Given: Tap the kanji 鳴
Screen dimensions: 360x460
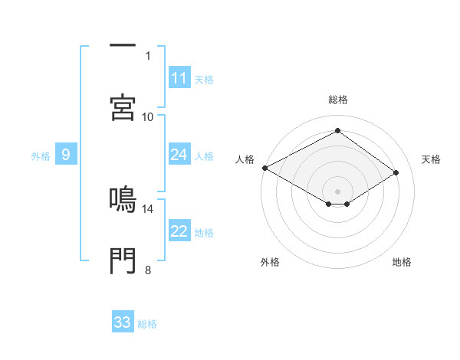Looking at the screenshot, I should [123, 198].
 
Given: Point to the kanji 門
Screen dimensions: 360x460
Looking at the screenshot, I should [123, 261].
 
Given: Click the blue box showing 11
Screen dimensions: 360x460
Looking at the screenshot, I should [179, 78].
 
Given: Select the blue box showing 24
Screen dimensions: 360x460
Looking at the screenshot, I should [179, 155].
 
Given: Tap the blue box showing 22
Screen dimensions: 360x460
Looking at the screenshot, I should [179, 232].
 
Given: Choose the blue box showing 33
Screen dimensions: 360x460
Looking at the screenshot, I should [123, 322].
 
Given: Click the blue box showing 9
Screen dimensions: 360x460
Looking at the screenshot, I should [66, 155].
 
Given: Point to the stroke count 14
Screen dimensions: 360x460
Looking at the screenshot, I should [148, 208].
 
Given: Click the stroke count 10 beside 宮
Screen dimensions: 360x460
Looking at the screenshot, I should [148, 116].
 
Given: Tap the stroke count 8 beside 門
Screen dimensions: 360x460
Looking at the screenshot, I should [148, 270].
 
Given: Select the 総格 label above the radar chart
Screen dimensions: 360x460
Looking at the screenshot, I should [338, 100].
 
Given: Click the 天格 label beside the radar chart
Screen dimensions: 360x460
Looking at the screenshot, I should [432, 159].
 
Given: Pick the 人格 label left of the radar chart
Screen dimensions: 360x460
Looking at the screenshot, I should [245, 159].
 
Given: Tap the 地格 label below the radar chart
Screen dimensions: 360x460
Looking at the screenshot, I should [402, 263].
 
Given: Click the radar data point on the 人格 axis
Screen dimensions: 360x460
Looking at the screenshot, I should [264, 168].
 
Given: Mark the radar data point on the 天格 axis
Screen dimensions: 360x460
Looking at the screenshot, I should [396, 172].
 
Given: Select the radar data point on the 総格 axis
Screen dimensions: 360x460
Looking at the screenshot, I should [337, 130].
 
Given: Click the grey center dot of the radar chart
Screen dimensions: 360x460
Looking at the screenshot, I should [337, 191].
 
